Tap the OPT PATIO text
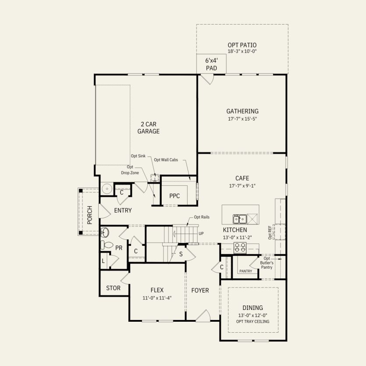pyautogui.click(x=242, y=45)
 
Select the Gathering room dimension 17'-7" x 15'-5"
pyautogui.click(x=242, y=118)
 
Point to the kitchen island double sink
pyautogui.click(x=239, y=219)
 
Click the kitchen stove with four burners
pyautogui.click(x=240, y=248)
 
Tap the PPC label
pyautogui.click(x=174, y=196)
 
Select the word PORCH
pyautogui.click(x=90, y=215)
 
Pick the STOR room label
pyautogui.click(x=113, y=288)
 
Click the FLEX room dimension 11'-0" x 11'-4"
pyautogui.click(x=156, y=298)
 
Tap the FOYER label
pyautogui.click(x=200, y=291)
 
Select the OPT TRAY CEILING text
pyautogui.click(x=252, y=321)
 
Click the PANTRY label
pyautogui.click(x=245, y=271)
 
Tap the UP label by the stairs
pyautogui.click(x=201, y=233)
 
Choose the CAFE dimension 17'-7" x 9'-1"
pyautogui.click(x=242, y=185)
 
